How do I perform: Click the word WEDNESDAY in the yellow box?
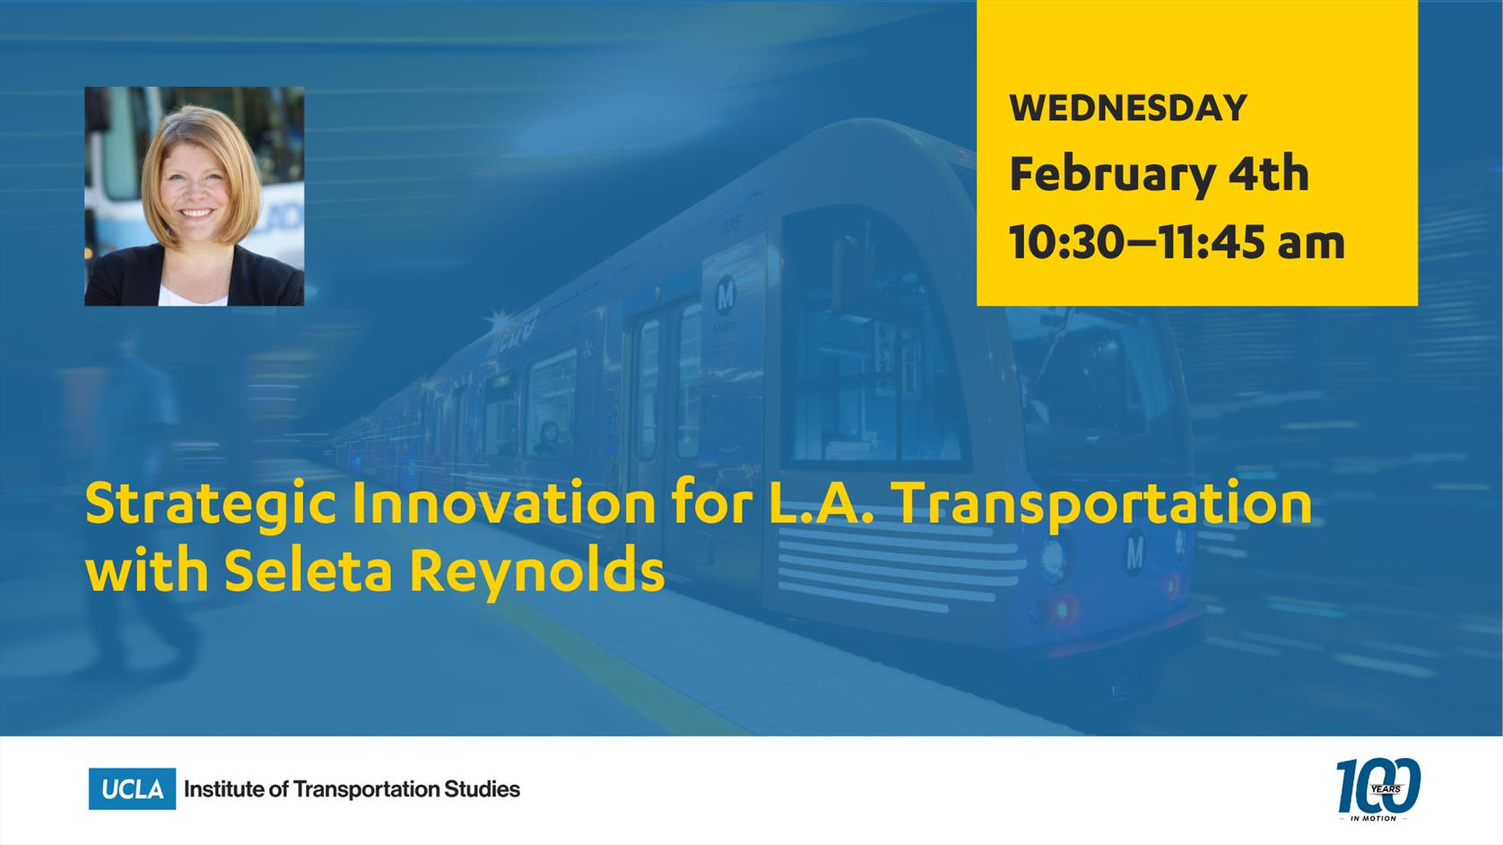1128,108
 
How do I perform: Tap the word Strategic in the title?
210,505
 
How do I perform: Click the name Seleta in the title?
308,571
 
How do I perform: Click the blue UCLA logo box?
132,788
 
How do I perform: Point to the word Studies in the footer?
482,789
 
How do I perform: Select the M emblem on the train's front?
1134,552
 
